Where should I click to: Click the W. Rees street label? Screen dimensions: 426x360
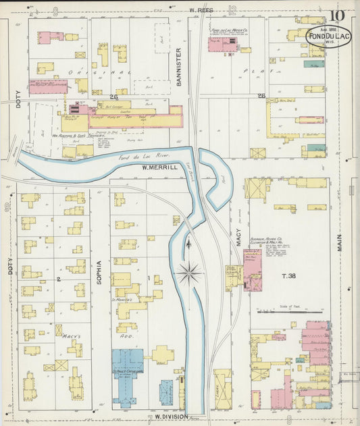201,10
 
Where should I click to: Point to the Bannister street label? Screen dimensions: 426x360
179,65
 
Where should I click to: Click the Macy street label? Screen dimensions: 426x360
238,237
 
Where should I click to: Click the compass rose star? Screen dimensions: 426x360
189,273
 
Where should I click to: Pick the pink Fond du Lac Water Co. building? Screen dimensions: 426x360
222,45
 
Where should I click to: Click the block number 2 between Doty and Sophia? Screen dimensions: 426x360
59,279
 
